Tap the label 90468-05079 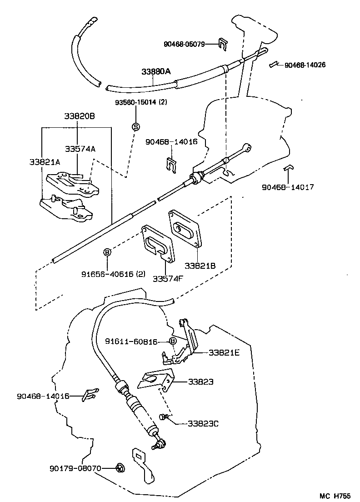(x=184, y=44)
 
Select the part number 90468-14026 (x=305, y=65)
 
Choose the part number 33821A (x=45, y=161)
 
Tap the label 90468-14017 (x=288, y=186)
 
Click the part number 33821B (x=200, y=265)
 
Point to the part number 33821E (x=224, y=352)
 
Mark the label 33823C (x=203, y=423)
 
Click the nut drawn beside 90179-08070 (x=120, y=467)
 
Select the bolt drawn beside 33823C (x=164, y=417)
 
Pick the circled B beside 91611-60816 (x=173, y=341)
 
